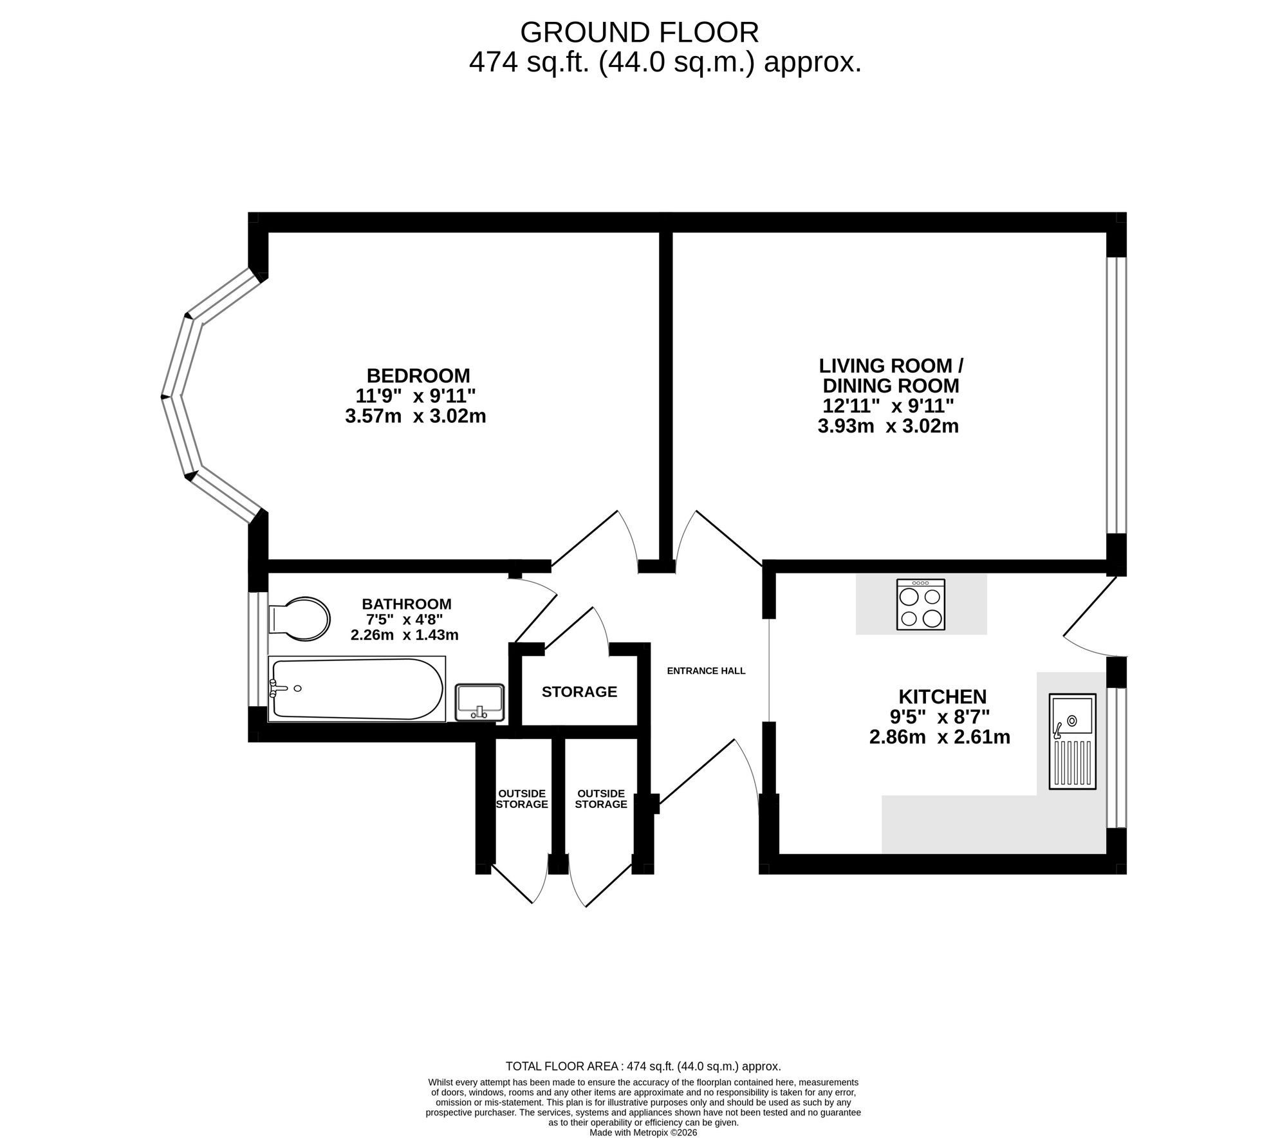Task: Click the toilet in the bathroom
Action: [299, 619]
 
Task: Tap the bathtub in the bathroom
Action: [356, 689]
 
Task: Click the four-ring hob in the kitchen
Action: [921, 604]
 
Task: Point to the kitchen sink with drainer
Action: [1072, 741]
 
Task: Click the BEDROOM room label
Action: [418, 375]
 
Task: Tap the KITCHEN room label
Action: [942, 696]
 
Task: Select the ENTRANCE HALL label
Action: [706, 671]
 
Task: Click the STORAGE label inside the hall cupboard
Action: [579, 692]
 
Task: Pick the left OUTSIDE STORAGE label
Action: [522, 799]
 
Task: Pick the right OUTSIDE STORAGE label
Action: [601, 799]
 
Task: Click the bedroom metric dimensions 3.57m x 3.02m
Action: [416, 416]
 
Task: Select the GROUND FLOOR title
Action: [640, 32]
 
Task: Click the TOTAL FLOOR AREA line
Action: [643, 1067]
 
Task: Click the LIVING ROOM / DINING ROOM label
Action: [891, 376]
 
